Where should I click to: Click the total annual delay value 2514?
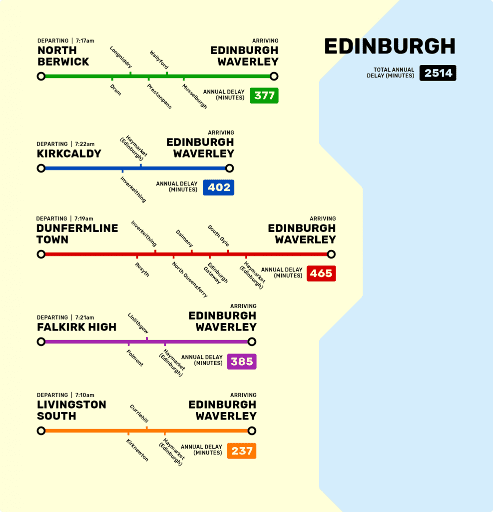click(438, 73)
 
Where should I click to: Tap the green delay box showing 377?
click(264, 95)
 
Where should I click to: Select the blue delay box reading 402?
click(219, 187)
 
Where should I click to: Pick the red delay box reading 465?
click(321, 273)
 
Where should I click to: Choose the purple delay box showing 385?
click(242, 361)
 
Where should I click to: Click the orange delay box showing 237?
click(242, 450)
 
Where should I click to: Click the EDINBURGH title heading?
click(390, 46)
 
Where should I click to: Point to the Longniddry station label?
click(121, 57)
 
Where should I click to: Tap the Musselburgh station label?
click(194, 96)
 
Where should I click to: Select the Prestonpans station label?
click(159, 96)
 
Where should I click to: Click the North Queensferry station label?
click(189, 279)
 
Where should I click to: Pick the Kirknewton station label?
click(137, 450)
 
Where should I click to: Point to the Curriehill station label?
click(139, 414)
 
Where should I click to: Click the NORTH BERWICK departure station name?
click(63, 56)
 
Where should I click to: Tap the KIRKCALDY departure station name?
click(69, 153)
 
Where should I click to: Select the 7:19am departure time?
click(84, 218)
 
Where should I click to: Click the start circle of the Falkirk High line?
click(41, 342)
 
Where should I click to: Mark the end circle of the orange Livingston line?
click(252, 431)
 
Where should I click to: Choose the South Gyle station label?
click(218, 235)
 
